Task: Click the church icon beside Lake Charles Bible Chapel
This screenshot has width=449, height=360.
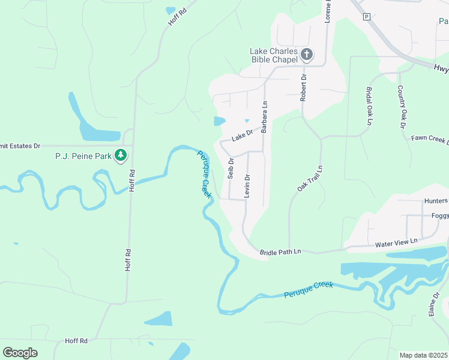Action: [306, 55]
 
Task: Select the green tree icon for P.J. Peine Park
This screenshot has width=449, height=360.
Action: [121, 155]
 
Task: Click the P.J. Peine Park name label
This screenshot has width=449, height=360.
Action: [83, 156]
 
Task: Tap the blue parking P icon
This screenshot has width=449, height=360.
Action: [366, 17]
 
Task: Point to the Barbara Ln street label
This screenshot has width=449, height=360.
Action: [264, 116]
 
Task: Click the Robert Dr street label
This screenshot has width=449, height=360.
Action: [304, 88]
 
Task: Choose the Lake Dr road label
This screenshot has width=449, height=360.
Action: [243, 136]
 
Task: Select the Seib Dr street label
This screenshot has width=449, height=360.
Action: [231, 169]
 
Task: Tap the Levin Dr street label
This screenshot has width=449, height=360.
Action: [247, 186]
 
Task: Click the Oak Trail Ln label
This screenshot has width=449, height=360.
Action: [310, 179]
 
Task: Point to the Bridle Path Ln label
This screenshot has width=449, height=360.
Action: [280, 253]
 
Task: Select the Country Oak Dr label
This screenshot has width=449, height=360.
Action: [401, 107]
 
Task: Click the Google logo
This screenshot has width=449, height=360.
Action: [20, 353]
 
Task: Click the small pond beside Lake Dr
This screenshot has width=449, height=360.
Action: [219, 121]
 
